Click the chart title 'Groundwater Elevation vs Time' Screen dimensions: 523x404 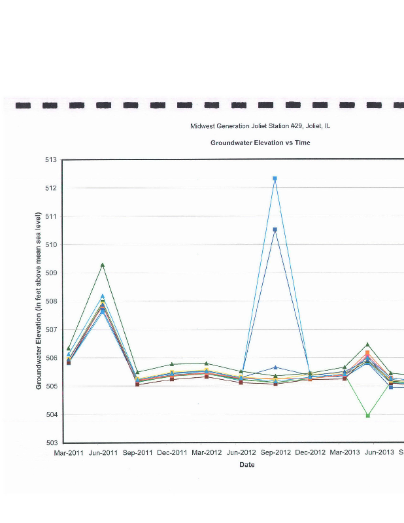pyautogui.click(x=260, y=143)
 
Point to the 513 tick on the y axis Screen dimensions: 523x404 pyautogui.click(x=51, y=160)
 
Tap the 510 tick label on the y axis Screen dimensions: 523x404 pyautogui.click(x=51, y=245)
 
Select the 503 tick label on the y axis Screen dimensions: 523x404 pyautogui.click(x=51, y=443)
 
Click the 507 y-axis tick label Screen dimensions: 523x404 pyautogui.click(x=51, y=329)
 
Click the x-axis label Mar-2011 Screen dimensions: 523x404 pyautogui.click(x=69, y=452)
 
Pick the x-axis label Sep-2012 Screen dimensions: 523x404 pyautogui.click(x=275, y=452)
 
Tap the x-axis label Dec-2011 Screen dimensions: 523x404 pyautogui.click(x=172, y=452)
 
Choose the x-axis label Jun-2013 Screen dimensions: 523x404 pyautogui.click(x=378, y=452)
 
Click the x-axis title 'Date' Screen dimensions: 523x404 pyautogui.click(x=246, y=465)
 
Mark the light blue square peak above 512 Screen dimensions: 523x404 pyautogui.click(x=275, y=178)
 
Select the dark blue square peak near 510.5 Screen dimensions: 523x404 pyautogui.click(x=275, y=229)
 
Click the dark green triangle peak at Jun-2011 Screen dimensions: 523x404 pyautogui.click(x=103, y=265)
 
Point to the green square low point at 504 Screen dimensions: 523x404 pyautogui.click(x=368, y=415)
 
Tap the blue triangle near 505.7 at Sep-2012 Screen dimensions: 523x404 pyautogui.click(x=275, y=367)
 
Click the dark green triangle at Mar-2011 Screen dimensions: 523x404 pyautogui.click(x=69, y=348)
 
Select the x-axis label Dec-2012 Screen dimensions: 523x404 pyautogui.click(x=310, y=452)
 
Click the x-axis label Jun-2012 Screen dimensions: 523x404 pyautogui.click(x=241, y=452)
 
